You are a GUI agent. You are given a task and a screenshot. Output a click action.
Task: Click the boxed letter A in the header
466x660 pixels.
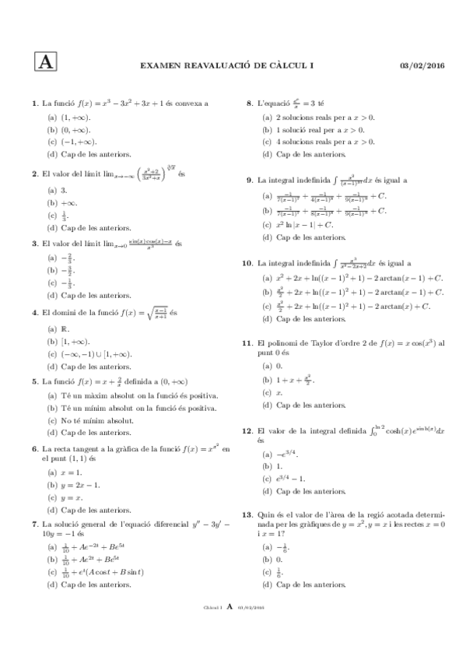[45, 62]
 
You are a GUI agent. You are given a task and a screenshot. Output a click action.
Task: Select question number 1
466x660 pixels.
[34, 104]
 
